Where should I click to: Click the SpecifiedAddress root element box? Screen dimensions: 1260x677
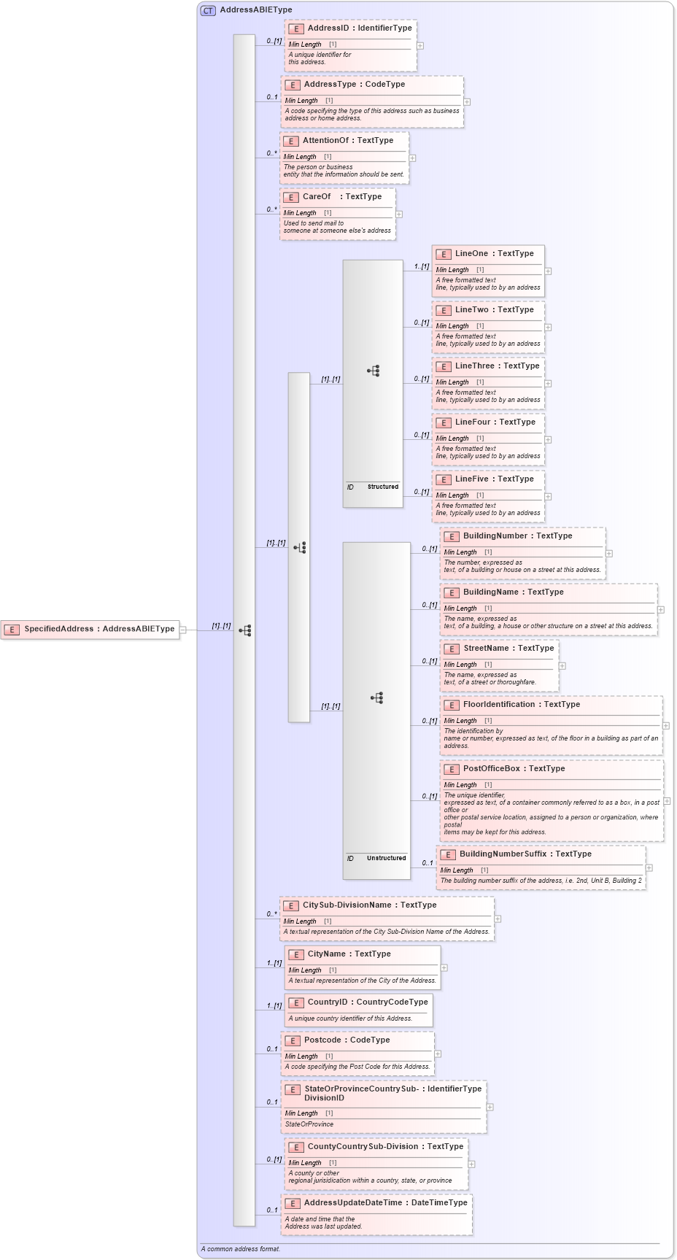pos(91,629)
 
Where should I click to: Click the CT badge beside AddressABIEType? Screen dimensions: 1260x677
pos(208,10)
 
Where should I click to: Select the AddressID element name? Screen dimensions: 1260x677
pos(328,28)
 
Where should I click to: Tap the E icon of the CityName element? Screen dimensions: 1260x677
pos(296,954)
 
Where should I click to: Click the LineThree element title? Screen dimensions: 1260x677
pos(475,366)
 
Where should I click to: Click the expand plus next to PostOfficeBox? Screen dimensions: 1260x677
pos(667,801)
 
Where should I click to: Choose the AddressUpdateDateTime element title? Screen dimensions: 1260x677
pos(353,1202)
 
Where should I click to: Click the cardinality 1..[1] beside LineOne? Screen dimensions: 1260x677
pos(422,266)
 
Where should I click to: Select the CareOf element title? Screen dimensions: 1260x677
pos(317,196)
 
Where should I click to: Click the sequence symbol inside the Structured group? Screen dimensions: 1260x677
pos(374,371)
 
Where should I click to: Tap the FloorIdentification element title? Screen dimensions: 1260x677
pos(499,704)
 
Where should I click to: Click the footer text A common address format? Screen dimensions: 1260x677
pos(241,1249)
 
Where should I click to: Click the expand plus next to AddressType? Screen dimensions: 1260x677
pos(467,102)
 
